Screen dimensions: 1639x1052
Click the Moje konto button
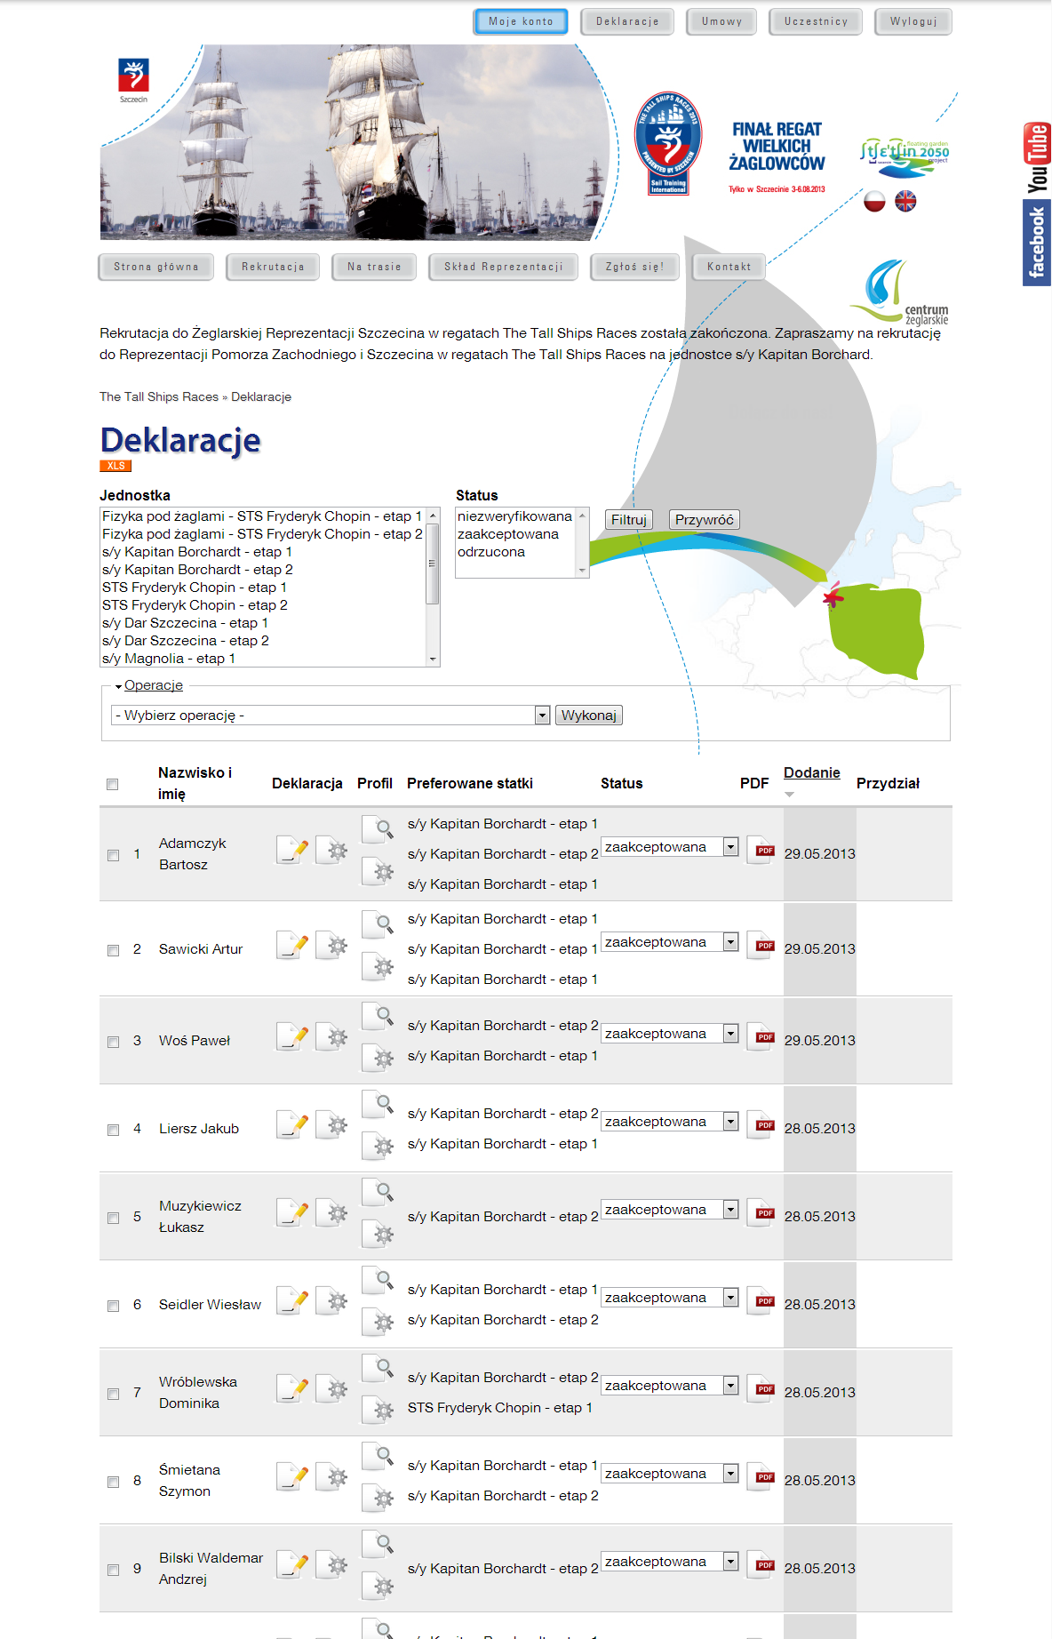[521, 21]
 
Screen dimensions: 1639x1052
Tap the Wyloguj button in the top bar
[913, 21]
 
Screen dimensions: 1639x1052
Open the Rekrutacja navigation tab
[273, 267]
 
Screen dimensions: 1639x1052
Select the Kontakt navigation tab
[729, 267]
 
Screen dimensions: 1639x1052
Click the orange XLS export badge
[116, 466]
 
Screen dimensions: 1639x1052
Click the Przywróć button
[704, 520]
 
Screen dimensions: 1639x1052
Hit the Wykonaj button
[588, 716]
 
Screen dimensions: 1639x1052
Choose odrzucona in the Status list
[491, 552]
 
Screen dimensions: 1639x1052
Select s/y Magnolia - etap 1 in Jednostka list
[169, 659]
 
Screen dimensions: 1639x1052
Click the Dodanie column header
[811, 773]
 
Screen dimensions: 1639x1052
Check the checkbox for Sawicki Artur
[113, 950]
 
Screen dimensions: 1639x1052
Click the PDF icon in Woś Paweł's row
[761, 1037]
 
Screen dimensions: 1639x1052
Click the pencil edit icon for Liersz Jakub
[293, 1125]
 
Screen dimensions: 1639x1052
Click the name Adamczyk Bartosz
[192, 853]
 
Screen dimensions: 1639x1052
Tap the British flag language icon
[905, 202]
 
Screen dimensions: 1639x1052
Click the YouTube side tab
[1037, 158]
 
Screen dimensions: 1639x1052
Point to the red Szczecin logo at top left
[133, 76]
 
